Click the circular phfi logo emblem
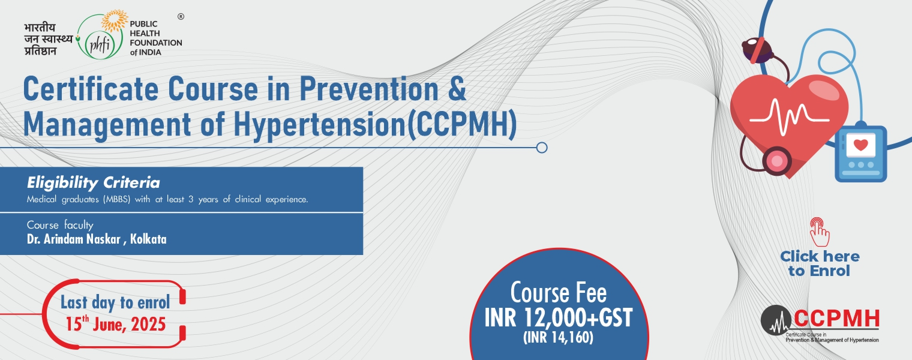click(100, 37)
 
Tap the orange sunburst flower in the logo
click(115, 21)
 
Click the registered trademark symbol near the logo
click(181, 16)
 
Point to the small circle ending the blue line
click(541, 148)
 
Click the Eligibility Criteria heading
click(93, 183)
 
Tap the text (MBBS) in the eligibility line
click(116, 200)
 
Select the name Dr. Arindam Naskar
click(74, 239)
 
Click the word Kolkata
click(148, 239)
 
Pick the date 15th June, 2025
click(116, 324)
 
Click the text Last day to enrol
click(115, 302)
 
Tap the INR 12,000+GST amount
click(558, 318)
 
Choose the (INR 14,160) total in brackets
click(558, 338)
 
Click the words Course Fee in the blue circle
click(558, 293)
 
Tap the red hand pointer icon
click(819, 232)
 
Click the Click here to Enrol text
click(820, 263)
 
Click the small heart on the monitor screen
click(860, 145)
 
